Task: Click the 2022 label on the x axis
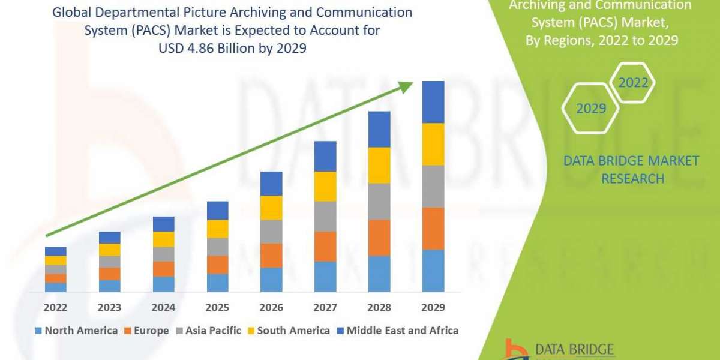pyautogui.click(x=55, y=308)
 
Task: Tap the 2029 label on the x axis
pyautogui.click(x=433, y=308)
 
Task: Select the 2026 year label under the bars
pyautogui.click(x=271, y=308)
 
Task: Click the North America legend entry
pyautogui.click(x=76, y=331)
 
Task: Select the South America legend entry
pyautogui.click(x=288, y=331)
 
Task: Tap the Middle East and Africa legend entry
pyautogui.click(x=397, y=331)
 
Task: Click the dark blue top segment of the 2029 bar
pyautogui.click(x=433, y=102)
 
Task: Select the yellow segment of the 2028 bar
pyautogui.click(x=379, y=165)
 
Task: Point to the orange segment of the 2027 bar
pyautogui.click(x=325, y=246)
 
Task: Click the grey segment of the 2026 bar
pyautogui.click(x=271, y=231)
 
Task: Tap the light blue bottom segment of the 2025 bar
pyautogui.click(x=217, y=283)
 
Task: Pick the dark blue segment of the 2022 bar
pyautogui.click(x=55, y=251)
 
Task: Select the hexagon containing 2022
pyautogui.click(x=633, y=83)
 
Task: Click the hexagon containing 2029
pyautogui.click(x=590, y=109)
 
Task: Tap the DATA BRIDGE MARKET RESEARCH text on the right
pyautogui.click(x=632, y=169)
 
